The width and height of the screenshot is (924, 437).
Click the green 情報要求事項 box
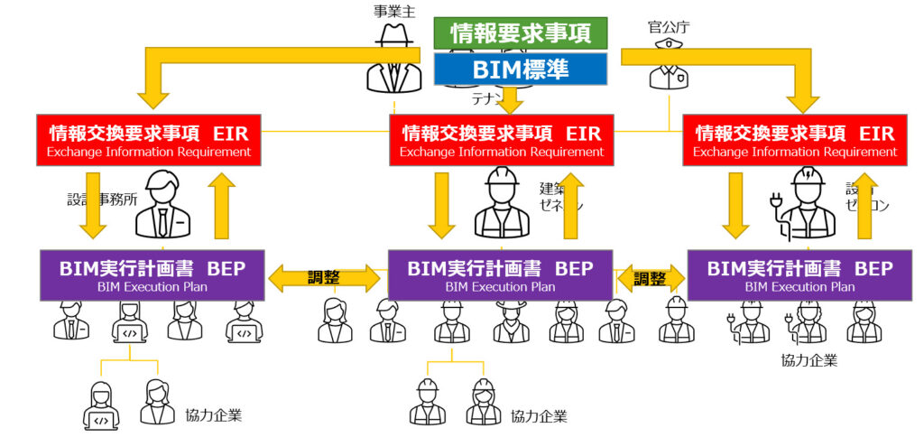point(521,33)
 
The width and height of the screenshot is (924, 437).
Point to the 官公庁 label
point(668,27)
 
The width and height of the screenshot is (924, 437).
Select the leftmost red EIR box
point(149,140)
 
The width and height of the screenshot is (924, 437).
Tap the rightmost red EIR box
point(795,140)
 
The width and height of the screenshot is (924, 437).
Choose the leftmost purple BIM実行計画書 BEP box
point(152,274)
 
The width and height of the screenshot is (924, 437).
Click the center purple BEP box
point(500,274)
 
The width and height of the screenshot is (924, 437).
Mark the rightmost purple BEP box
point(799,274)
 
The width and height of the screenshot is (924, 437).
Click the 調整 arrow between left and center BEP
point(326,277)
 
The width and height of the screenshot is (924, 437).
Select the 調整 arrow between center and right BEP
point(650,278)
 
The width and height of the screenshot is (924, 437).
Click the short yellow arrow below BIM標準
point(511,98)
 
